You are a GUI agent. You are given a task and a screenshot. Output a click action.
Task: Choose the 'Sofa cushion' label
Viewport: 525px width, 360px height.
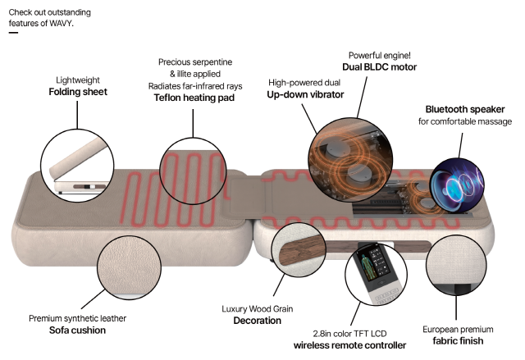point(67,330)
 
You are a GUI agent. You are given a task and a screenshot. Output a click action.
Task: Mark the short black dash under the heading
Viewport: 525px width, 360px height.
point(13,33)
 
